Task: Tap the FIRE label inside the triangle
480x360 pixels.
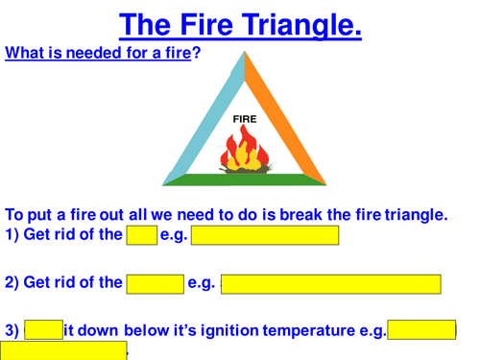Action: (245, 119)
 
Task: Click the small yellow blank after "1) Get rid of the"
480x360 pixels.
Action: (141, 235)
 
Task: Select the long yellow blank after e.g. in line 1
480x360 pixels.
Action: (265, 235)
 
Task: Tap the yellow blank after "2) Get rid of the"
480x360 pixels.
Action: (155, 283)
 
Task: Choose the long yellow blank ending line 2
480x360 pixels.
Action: (330, 283)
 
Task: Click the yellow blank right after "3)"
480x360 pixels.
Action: (43, 330)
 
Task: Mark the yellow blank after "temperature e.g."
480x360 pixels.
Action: (422, 330)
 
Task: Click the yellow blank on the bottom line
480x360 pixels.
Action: (63, 351)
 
